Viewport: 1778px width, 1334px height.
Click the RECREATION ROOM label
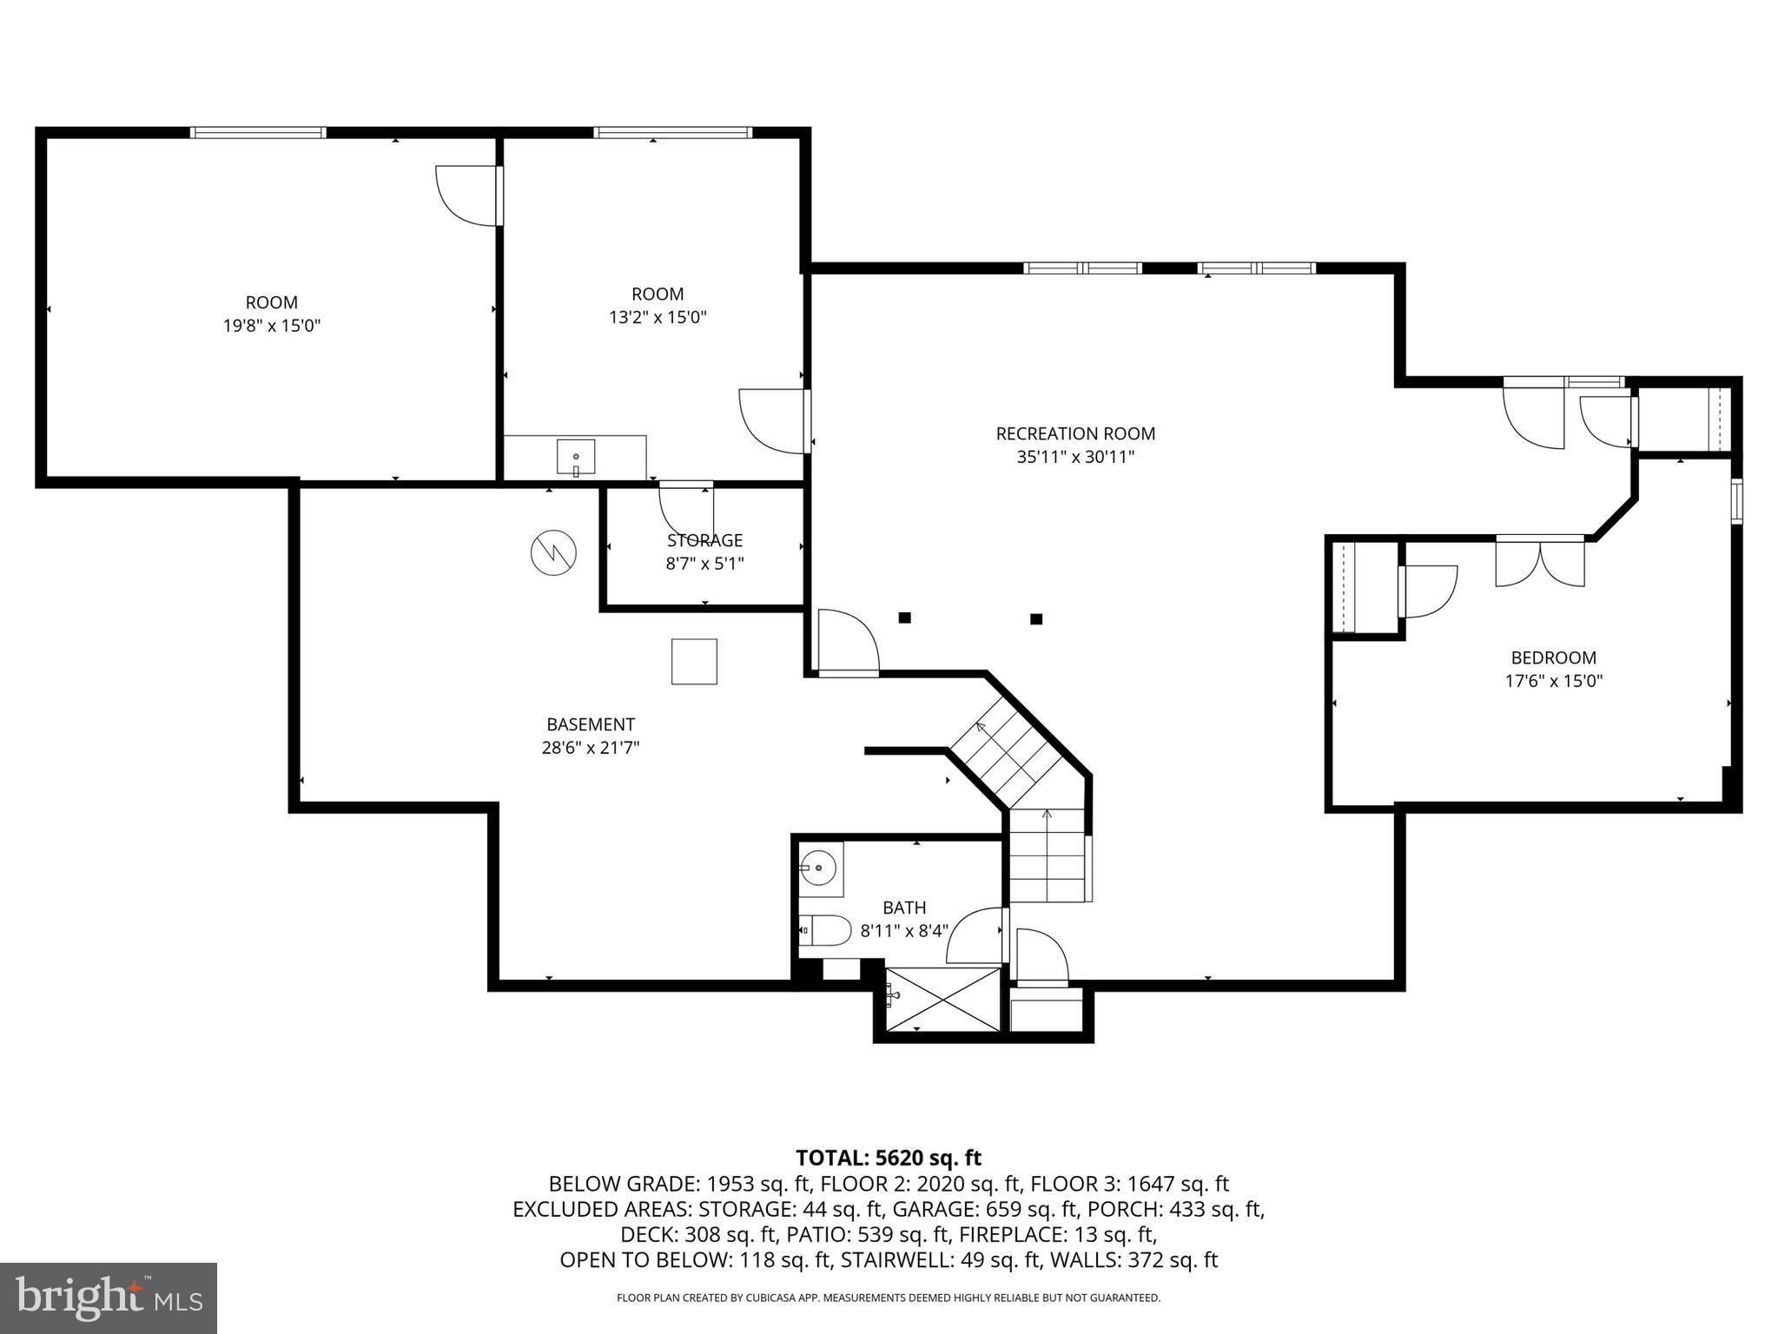(1075, 433)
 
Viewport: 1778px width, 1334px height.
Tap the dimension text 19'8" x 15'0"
(272, 326)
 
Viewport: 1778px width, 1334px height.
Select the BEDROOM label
(1553, 657)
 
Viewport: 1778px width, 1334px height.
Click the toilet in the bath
(824, 930)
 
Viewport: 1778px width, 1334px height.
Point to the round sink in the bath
(818, 867)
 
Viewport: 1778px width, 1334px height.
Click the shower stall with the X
(943, 1000)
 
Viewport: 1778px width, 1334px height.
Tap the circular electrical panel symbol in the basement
(554, 551)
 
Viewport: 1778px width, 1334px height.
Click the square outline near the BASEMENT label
(694, 662)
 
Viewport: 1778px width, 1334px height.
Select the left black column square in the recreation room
(904, 617)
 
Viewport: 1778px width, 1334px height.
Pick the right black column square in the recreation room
(1035, 619)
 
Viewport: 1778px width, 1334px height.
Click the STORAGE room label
(704, 540)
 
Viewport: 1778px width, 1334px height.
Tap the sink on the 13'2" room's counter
(575, 457)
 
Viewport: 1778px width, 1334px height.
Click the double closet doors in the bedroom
(1539, 563)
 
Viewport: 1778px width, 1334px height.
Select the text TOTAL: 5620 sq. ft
(889, 1158)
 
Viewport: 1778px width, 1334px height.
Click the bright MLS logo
(109, 1298)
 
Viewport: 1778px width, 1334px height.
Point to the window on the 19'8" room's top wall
(258, 133)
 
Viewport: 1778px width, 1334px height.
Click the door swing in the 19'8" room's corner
(467, 195)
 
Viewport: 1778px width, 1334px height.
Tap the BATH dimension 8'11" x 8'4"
(903, 931)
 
